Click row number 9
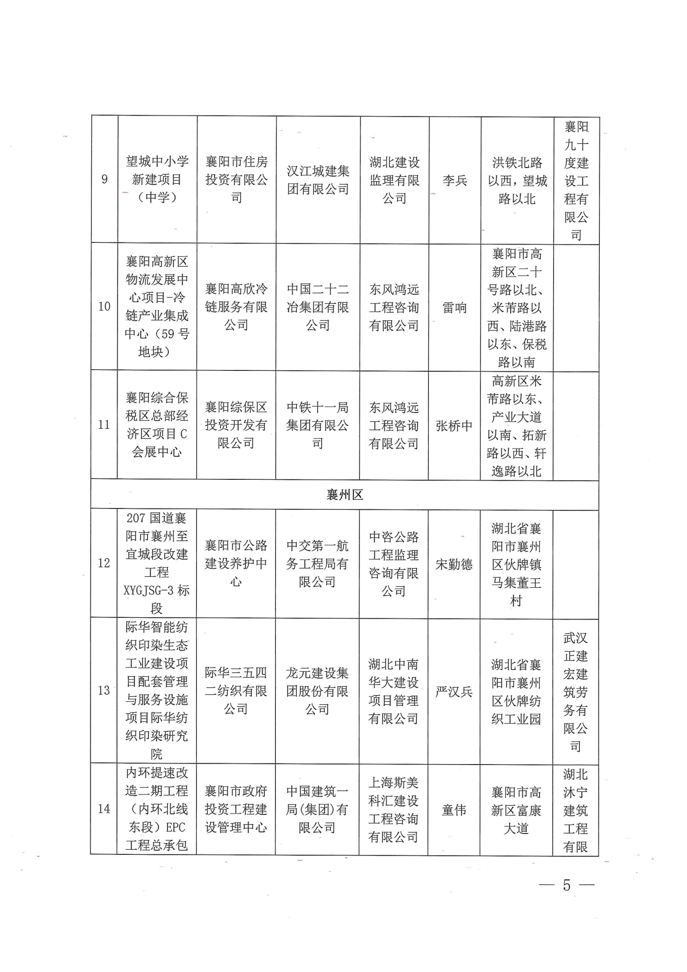104,179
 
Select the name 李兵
455,180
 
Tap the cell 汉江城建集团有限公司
318,180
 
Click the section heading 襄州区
345,494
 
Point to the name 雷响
454,307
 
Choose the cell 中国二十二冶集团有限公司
318,307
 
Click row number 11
104,424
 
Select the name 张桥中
454,425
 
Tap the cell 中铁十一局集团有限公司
318,425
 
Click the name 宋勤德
454,564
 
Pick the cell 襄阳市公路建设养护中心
236,563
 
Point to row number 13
104,691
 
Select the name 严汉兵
454,691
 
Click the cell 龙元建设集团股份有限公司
317,691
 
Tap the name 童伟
454,810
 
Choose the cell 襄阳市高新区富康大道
516,810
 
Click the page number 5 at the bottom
566,885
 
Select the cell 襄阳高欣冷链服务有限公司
236,307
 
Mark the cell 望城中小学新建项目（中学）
157,179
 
